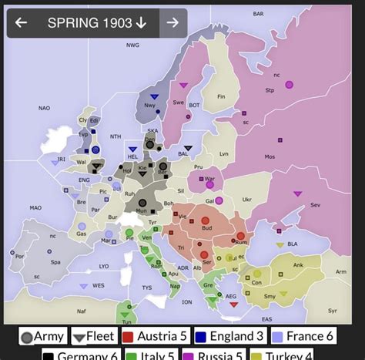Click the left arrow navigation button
pyautogui.click(x=22, y=23)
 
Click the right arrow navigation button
pyautogui.click(x=172, y=23)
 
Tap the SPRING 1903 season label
pyautogui.click(x=96, y=23)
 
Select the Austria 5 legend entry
pyautogui.click(x=155, y=337)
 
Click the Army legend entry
pyautogui.click(x=43, y=337)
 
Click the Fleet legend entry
pyautogui.click(x=93, y=337)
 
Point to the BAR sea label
pyautogui.click(x=258, y=13)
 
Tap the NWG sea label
pyautogui.click(x=133, y=45)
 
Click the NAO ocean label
pyautogui.click(x=44, y=108)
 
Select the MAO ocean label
pyautogui.click(x=35, y=207)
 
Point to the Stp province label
pyautogui.click(x=270, y=90)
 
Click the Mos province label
pyautogui.click(x=270, y=156)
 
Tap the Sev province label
pyautogui.click(x=315, y=204)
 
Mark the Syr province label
pyautogui.click(x=333, y=311)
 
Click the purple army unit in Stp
pyautogui.click(x=289, y=84)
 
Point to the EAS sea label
pyautogui.click(x=266, y=318)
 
